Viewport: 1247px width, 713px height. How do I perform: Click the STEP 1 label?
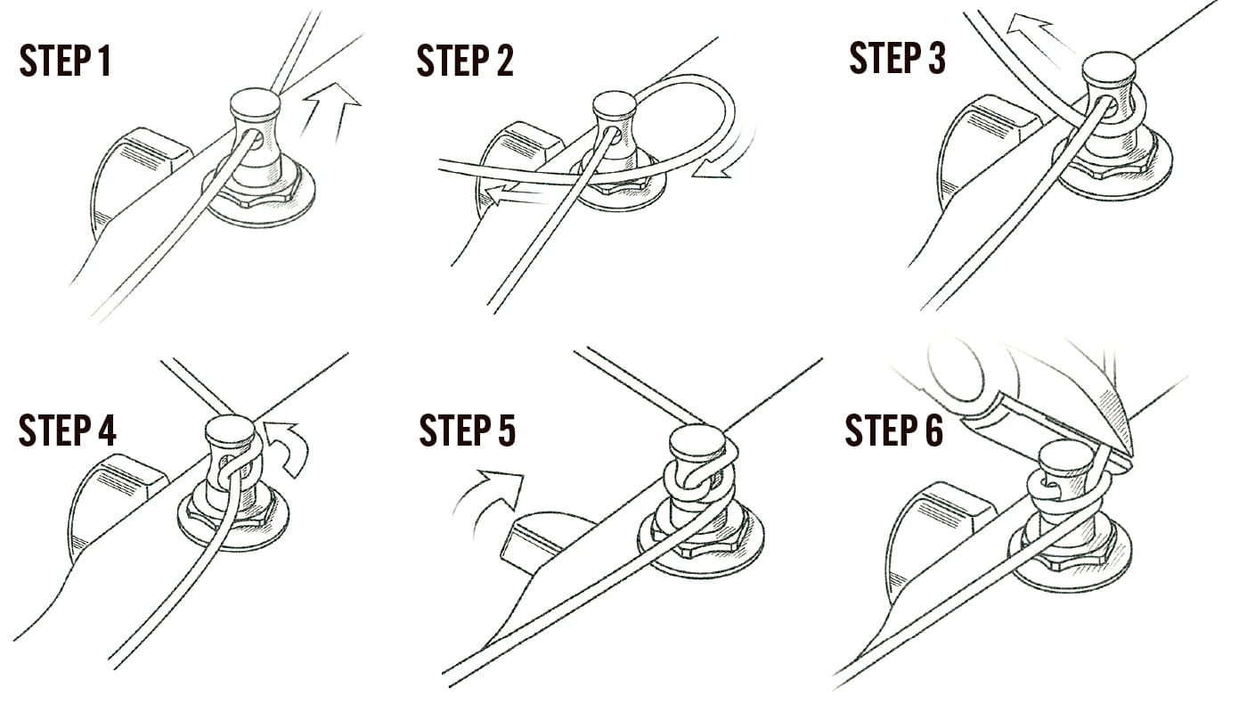click(65, 61)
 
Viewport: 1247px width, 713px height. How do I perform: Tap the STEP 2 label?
click(465, 61)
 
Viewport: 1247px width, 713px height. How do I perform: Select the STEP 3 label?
click(898, 58)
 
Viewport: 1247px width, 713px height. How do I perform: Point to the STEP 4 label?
click(68, 430)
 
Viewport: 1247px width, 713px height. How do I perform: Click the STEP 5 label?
click(468, 430)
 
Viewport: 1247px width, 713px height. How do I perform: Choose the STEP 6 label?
click(894, 430)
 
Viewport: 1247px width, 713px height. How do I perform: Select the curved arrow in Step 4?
click(289, 446)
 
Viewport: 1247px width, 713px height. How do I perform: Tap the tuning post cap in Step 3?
click(1108, 66)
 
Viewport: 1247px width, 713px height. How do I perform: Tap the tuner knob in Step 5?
click(549, 540)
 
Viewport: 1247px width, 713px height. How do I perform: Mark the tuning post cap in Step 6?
click(1062, 453)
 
